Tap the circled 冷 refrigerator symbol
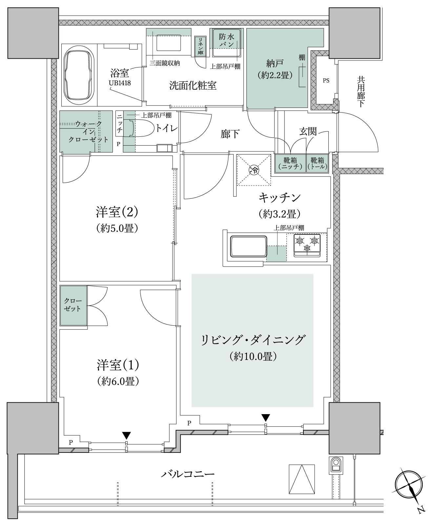pyautogui.click(x=254, y=170)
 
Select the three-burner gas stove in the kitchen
pyautogui.click(x=307, y=245)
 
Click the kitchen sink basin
pyautogui.click(x=249, y=246)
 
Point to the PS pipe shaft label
pyautogui.click(x=326, y=81)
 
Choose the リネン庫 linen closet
pyautogui.click(x=200, y=46)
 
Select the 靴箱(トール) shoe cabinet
pyautogui.click(x=317, y=163)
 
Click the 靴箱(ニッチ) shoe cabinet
pyautogui.click(x=290, y=163)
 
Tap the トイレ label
pyautogui.click(x=167, y=129)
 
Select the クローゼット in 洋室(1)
pyautogui.click(x=73, y=306)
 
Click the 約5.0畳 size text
pyautogui.click(x=117, y=228)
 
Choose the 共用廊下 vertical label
pyautogui.click(x=361, y=92)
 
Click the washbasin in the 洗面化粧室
pyautogui.click(x=169, y=43)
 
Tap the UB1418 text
pyautogui.click(x=120, y=83)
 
